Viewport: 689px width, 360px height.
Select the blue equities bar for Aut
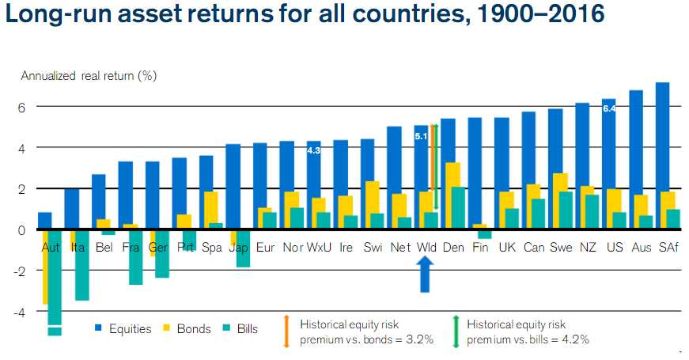45,221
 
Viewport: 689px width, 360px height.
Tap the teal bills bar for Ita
81,265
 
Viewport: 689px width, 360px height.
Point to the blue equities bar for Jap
233,187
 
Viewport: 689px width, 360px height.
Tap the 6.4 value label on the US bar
609,108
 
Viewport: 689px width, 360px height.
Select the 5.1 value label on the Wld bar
422,135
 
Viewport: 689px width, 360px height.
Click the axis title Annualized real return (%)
89,77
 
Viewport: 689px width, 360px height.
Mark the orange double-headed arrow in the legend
286,332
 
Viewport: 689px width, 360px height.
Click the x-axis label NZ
587,248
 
